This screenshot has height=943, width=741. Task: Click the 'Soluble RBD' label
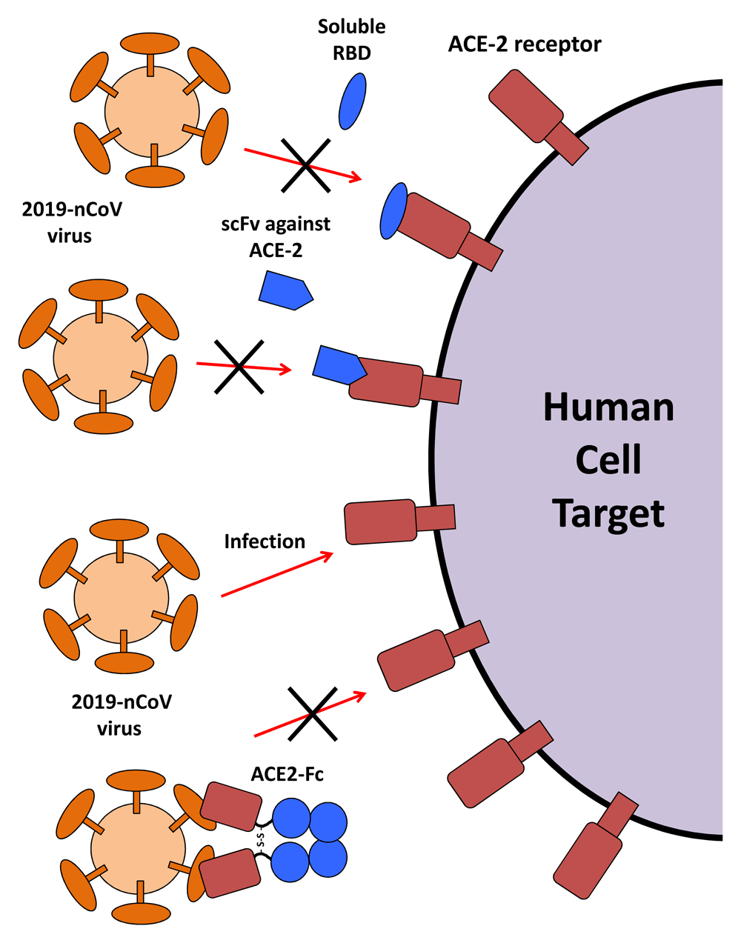coord(351,39)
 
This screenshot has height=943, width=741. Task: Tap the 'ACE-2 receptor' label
coord(525,44)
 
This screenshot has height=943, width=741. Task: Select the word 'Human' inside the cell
coord(608,407)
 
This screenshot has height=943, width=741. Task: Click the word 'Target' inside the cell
coord(608,513)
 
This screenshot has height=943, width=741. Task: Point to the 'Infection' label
coord(265,542)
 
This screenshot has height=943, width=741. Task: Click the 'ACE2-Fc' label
coord(288,775)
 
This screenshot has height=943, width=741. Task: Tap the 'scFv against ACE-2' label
coord(276,236)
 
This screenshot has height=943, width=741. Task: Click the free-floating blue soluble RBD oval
coord(352,101)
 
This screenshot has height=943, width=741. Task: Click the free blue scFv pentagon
coord(285,290)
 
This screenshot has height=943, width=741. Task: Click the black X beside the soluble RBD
coord(305,164)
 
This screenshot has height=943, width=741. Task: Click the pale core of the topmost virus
coord(152,110)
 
